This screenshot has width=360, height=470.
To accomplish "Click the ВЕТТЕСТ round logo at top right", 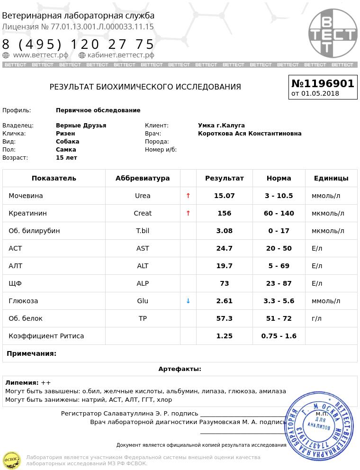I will pyautogui.click(x=333, y=33).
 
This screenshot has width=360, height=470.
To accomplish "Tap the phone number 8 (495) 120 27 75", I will pyautogui.click(x=78, y=45).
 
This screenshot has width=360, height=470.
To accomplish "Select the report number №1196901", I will pyautogui.click(x=323, y=84).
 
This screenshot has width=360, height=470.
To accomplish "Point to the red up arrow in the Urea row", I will pyautogui.click(x=188, y=196).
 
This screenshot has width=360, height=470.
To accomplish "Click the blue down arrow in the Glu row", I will pyautogui.click(x=188, y=301).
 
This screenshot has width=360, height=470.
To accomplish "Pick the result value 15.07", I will pyautogui.click(x=224, y=196).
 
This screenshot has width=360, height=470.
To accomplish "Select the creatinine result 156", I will pyautogui.click(x=224, y=213).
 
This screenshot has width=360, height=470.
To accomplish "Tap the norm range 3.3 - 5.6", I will pyautogui.click(x=279, y=301).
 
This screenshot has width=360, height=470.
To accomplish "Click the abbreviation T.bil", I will pyautogui.click(x=143, y=231).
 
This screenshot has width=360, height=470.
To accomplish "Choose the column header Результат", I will pyautogui.click(x=224, y=178).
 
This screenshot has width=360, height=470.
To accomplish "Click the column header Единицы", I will pyautogui.click(x=331, y=178).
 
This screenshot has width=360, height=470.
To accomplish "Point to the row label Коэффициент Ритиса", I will pyautogui.click(x=46, y=336).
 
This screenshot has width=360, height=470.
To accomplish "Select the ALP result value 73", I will pyautogui.click(x=224, y=283).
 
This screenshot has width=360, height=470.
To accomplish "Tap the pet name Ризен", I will pyautogui.click(x=65, y=134).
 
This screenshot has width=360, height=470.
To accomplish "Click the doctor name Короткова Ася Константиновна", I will pyautogui.click(x=250, y=134).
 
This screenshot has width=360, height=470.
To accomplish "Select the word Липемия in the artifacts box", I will pyautogui.click(x=22, y=383).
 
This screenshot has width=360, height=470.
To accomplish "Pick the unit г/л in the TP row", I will pyautogui.click(x=316, y=318).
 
